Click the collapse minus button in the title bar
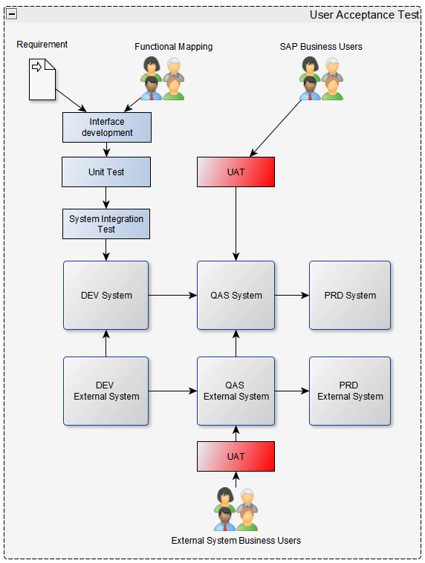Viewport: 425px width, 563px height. point(12,14)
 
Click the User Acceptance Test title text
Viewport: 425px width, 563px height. point(364,15)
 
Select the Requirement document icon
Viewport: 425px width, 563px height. point(42,79)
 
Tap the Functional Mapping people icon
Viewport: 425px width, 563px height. point(163,78)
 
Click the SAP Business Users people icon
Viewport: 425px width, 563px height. point(322,78)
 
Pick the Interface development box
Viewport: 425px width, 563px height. point(107,127)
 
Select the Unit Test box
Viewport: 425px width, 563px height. point(106,172)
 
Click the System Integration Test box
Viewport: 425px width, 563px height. point(106,224)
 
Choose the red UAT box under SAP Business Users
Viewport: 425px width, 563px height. point(236,172)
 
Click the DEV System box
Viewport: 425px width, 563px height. point(106,295)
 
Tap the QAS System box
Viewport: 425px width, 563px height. point(236,295)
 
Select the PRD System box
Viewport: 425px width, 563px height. point(350,295)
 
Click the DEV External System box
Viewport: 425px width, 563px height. point(106,391)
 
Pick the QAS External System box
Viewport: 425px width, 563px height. point(236,391)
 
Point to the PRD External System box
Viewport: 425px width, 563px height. point(350,391)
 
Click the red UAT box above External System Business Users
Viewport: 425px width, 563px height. point(236,456)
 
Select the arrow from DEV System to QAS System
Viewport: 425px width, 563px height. point(172,295)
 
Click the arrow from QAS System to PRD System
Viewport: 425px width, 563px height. point(292,295)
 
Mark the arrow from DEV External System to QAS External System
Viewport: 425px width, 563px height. point(172,391)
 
